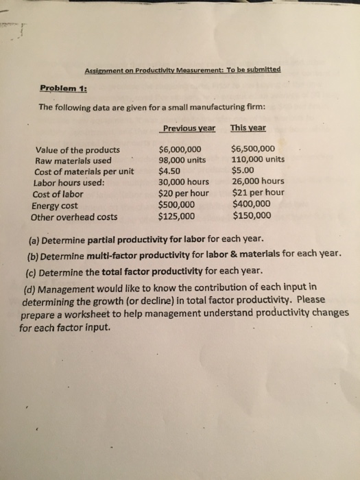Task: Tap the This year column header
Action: pos(248,128)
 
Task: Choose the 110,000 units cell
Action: pos(259,160)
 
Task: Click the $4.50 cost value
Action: pos(169,172)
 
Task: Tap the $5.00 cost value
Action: pos(243,171)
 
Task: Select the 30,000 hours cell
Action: pos(183,183)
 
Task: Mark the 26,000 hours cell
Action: pos(259,182)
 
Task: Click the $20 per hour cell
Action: pos(184,194)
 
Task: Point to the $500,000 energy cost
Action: pos(176,205)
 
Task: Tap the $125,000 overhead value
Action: pos(176,216)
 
